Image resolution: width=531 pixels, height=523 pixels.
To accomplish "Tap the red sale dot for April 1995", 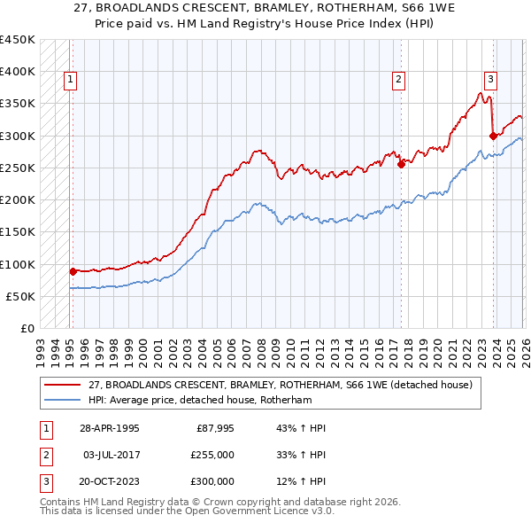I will (x=73, y=271).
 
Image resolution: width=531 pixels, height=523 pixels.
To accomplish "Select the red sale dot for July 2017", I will (x=401, y=164).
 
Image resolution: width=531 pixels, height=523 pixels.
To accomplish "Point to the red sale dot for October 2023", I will (x=493, y=136).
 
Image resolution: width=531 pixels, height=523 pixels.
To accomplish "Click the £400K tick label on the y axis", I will (x=18, y=72).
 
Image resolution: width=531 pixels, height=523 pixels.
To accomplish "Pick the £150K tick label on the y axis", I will (x=18, y=232).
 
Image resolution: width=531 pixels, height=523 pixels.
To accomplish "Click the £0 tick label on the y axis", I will (x=27, y=328).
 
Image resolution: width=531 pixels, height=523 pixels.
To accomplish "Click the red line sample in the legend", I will (x=62, y=385).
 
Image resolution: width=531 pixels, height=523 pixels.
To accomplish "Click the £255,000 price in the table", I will (x=212, y=455).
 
